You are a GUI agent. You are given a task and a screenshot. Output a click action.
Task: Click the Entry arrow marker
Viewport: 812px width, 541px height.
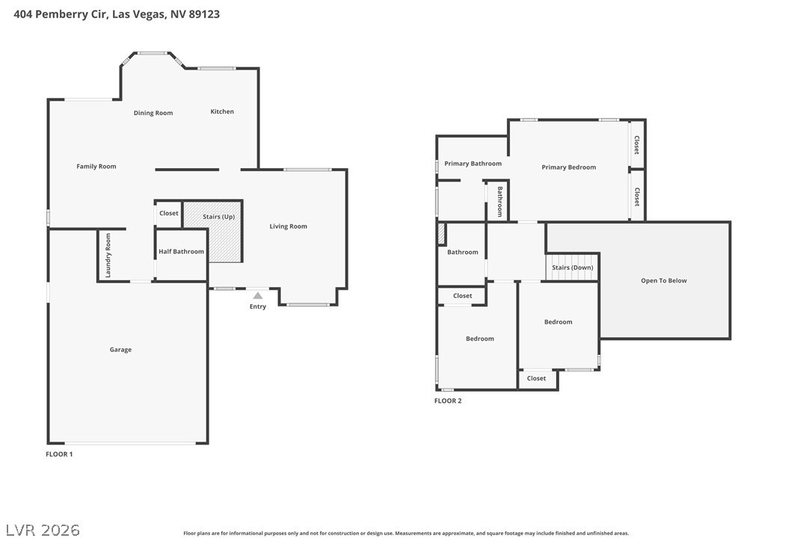(257, 296)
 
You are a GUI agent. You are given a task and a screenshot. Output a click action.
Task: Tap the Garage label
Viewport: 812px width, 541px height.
(120, 350)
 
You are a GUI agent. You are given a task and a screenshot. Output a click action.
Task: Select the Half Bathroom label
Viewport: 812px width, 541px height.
(181, 252)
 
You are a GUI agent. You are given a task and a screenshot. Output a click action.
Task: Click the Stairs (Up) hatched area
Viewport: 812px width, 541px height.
(213, 232)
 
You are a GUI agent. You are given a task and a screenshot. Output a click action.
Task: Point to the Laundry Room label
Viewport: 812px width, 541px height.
(108, 256)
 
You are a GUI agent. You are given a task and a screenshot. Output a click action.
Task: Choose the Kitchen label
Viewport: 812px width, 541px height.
(222, 111)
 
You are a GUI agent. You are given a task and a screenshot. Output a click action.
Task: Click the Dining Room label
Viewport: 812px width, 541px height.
(153, 113)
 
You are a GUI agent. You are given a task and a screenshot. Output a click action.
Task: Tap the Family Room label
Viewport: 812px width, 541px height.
(96, 166)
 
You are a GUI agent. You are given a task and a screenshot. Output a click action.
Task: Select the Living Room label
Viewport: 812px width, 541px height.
(289, 226)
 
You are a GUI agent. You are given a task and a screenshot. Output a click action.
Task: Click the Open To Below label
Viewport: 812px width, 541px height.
(664, 281)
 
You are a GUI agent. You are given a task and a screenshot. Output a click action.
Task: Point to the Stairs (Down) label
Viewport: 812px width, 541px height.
(573, 268)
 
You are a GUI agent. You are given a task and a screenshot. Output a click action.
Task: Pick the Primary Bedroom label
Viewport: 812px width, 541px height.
(568, 167)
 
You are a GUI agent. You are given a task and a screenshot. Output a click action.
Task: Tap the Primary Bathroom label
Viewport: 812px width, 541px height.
(473, 164)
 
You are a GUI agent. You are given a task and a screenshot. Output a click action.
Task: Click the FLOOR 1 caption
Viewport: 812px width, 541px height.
(59, 454)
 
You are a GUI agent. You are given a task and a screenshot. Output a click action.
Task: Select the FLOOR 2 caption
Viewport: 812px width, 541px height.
(448, 401)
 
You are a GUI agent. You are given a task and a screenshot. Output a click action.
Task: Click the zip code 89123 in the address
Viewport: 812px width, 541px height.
(204, 14)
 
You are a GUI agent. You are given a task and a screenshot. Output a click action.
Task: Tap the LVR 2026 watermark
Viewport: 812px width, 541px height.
(43, 530)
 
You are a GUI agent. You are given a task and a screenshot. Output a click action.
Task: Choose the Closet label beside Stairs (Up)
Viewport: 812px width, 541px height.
(169, 213)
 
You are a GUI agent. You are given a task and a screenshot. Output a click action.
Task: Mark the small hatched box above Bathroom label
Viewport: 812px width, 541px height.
(441, 233)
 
